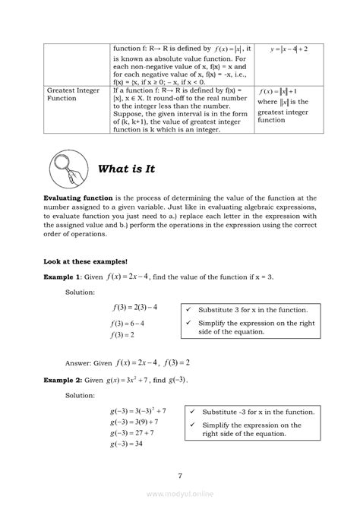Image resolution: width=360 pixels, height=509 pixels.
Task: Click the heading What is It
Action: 127,169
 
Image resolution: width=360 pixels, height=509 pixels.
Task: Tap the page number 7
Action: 180,476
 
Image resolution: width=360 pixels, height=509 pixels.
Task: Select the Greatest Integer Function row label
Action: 73,94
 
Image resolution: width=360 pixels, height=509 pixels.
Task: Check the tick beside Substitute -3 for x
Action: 194,411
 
